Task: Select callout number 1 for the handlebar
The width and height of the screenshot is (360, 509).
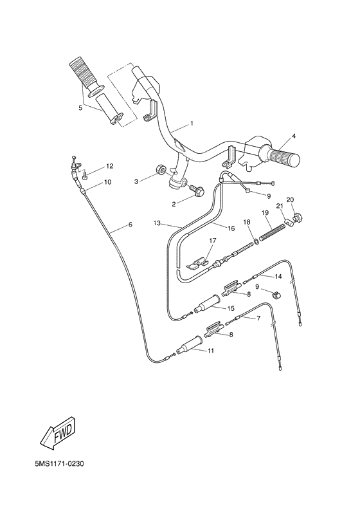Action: [191, 122]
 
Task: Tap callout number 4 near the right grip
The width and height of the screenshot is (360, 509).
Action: [293, 136]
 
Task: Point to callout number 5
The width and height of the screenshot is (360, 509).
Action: [80, 108]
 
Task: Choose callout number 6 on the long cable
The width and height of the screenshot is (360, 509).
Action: [130, 225]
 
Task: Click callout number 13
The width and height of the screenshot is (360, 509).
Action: [157, 223]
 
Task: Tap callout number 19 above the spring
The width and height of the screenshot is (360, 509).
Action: [264, 213]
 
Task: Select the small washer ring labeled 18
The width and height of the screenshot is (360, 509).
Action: [256, 242]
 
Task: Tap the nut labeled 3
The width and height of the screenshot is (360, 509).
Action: [159, 171]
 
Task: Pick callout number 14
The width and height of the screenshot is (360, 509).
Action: [278, 277]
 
